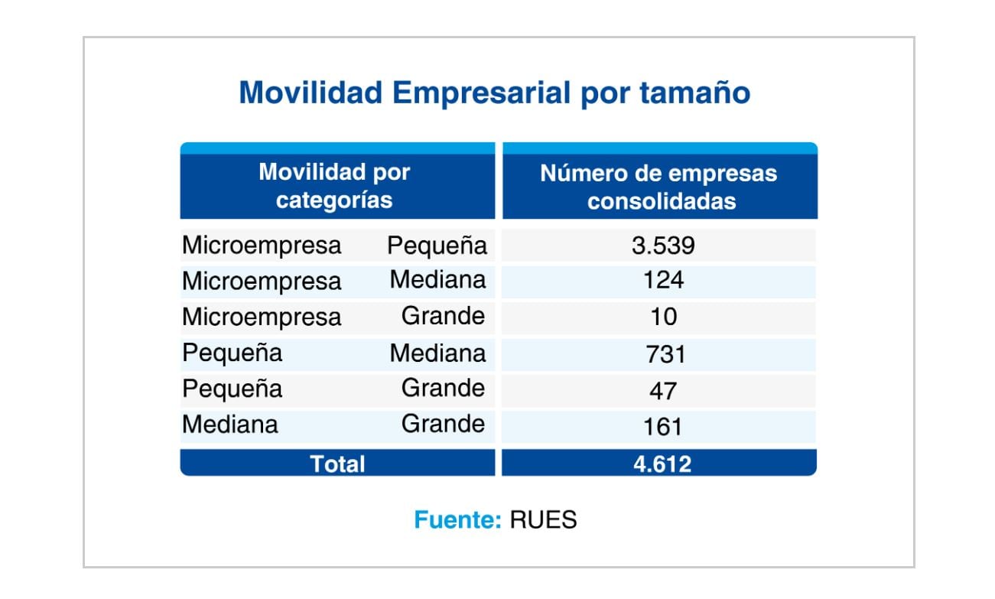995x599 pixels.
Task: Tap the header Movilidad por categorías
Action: [x=334, y=186]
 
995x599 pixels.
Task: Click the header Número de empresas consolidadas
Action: [x=658, y=186]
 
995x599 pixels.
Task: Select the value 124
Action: [x=662, y=280]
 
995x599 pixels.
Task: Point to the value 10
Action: [x=662, y=316]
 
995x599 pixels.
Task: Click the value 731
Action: [x=662, y=353]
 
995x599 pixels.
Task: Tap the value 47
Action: [x=662, y=390]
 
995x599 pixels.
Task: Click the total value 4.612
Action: [x=662, y=464]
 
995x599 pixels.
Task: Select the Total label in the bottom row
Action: [x=337, y=464]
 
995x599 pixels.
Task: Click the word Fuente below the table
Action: [x=457, y=520]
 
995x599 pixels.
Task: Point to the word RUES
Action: [x=543, y=520]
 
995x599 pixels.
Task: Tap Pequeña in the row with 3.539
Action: [x=437, y=246]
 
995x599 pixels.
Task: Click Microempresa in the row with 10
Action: [x=262, y=317]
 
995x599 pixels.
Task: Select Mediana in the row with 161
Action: [x=230, y=425]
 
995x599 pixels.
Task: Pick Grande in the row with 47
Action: [x=443, y=388]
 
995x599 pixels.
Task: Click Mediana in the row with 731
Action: [x=437, y=353]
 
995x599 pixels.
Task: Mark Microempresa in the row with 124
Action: [x=262, y=281]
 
